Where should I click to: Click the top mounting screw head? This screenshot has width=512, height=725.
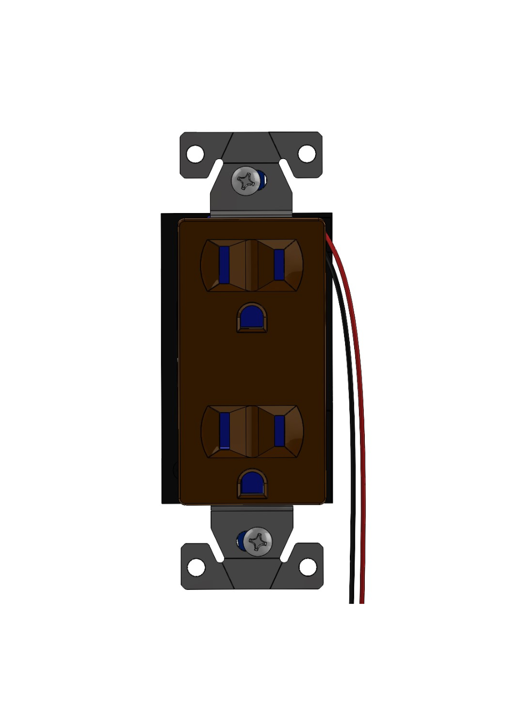click(x=247, y=181)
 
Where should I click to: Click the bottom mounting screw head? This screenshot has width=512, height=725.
click(x=258, y=542)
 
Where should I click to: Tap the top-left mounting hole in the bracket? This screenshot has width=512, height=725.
click(x=195, y=154)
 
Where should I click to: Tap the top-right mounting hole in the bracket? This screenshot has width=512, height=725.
click(x=307, y=154)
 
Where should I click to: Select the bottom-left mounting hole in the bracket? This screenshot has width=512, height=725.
click(x=196, y=566)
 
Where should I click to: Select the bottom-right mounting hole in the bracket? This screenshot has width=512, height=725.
click(x=308, y=566)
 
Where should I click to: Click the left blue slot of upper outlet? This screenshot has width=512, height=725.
click(x=224, y=264)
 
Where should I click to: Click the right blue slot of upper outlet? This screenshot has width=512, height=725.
click(x=279, y=264)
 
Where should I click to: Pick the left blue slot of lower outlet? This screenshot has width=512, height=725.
click(x=225, y=430)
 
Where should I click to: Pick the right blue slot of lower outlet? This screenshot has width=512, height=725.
click(x=279, y=430)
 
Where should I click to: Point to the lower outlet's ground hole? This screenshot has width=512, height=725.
click(x=252, y=484)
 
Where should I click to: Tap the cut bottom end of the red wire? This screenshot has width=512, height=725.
click(x=362, y=601)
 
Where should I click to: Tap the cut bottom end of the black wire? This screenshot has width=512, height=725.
click(x=351, y=601)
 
